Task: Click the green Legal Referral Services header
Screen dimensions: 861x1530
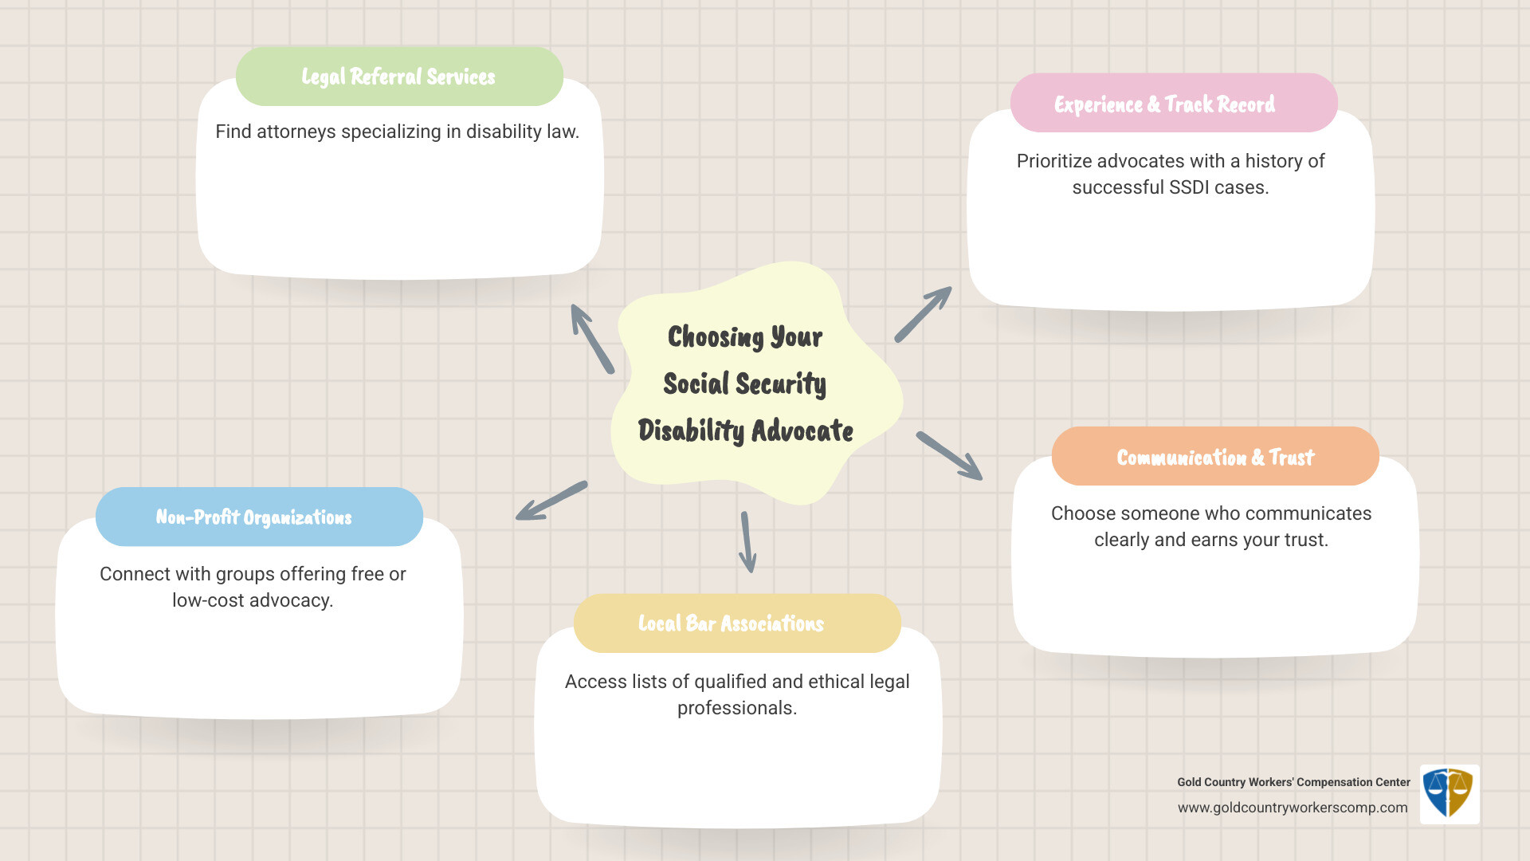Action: (x=399, y=77)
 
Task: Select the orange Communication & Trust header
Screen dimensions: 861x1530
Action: (x=1215, y=457)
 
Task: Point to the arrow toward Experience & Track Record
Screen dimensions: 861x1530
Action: (x=924, y=314)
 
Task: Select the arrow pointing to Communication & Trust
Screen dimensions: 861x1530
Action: (x=949, y=456)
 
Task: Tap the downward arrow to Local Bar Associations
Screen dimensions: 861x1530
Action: (x=747, y=542)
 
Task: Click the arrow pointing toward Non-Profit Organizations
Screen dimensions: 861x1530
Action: (x=551, y=501)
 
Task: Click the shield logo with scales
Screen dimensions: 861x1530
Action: (x=1449, y=793)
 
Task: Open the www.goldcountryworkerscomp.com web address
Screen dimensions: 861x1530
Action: (x=1293, y=808)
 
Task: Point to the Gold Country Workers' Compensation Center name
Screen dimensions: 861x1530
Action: (x=1293, y=782)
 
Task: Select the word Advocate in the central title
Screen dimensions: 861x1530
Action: (x=802, y=431)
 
